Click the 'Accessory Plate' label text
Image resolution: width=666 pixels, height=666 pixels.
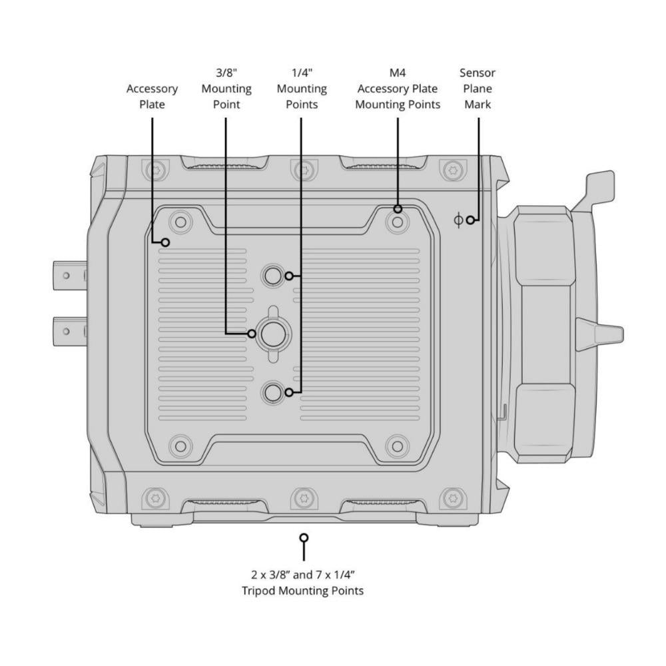tap(152, 97)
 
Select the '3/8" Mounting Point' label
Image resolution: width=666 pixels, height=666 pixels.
tap(226, 89)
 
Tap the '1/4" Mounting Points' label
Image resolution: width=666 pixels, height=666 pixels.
tap(302, 89)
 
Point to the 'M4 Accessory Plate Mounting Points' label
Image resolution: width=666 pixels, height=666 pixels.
tap(398, 89)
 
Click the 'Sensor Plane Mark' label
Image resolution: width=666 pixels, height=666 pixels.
tap(478, 89)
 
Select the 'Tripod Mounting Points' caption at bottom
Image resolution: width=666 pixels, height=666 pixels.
tap(303, 583)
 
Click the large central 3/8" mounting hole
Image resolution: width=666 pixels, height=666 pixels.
tap(273, 334)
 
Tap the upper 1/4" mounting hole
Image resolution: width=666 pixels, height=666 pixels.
tap(272, 276)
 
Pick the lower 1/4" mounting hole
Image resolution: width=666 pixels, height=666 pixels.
tap(272, 392)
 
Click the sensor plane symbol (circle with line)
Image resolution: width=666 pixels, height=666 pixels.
tap(458, 220)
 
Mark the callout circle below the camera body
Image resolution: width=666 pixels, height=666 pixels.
tap(304, 538)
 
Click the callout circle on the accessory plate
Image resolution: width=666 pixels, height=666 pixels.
tap(166, 242)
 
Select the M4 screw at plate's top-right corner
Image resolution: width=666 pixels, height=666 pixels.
tap(398, 222)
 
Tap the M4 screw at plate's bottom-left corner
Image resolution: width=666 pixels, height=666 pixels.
tap(180, 446)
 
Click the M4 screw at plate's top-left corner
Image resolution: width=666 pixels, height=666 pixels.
tap(180, 222)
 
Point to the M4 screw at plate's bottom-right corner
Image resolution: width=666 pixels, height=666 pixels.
tap(398, 446)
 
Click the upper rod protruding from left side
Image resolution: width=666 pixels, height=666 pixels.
tap(70, 276)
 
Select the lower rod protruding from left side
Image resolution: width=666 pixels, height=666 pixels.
tap(70, 331)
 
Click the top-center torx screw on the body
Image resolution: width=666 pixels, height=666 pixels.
tap(304, 170)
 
